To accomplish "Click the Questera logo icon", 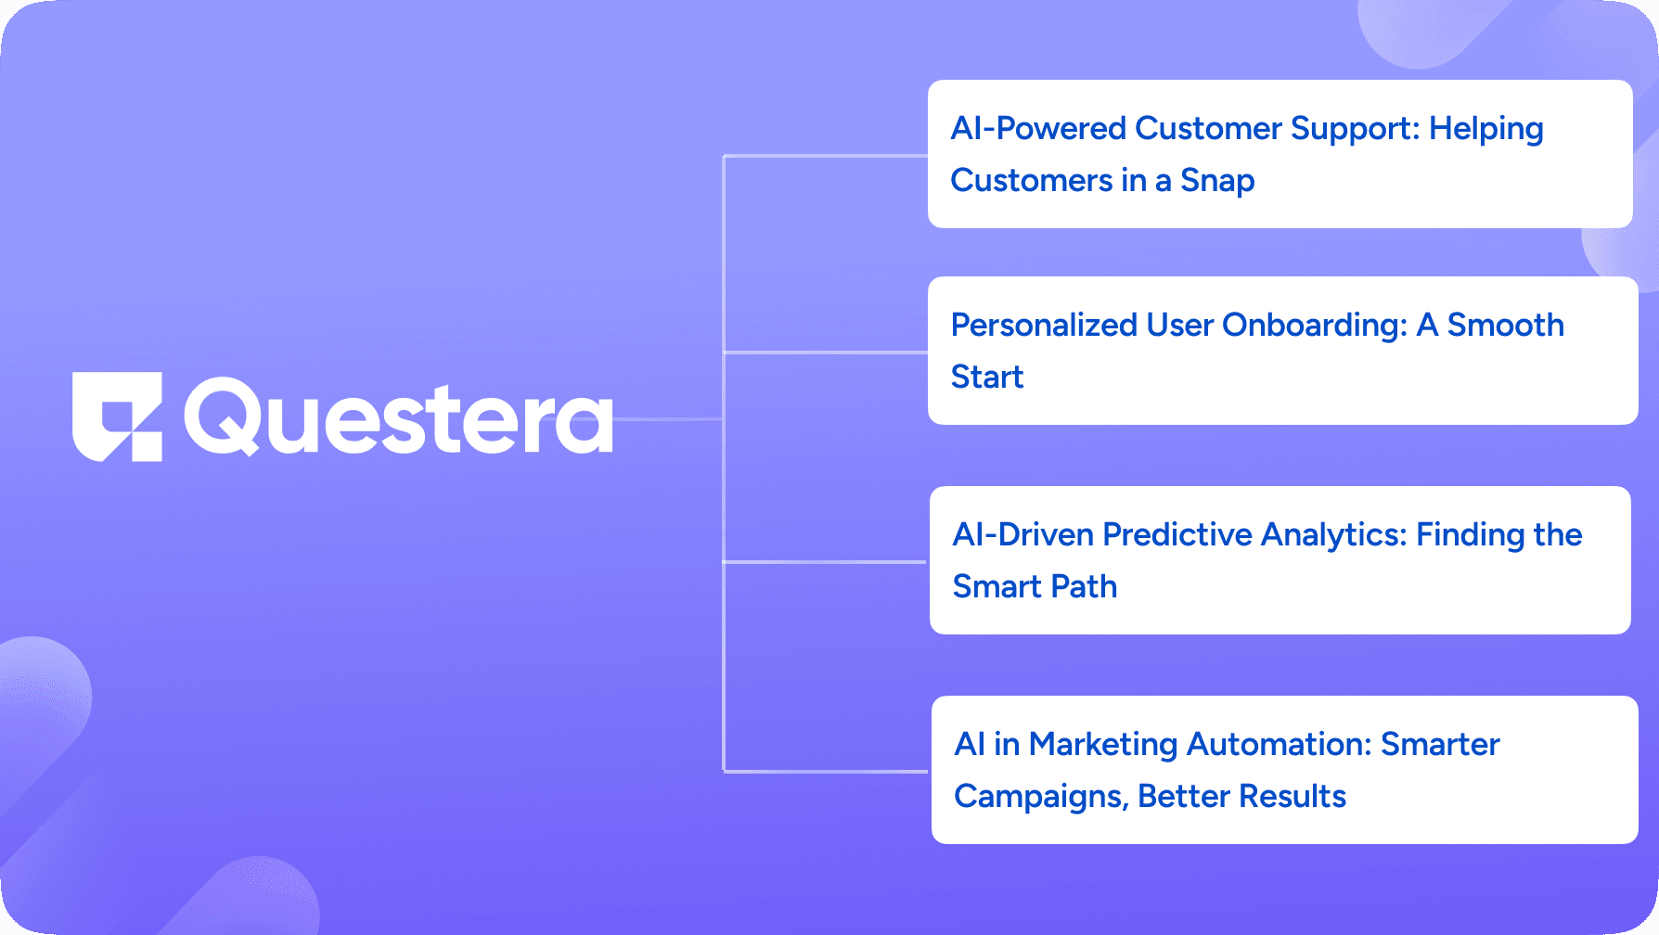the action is tap(118, 417).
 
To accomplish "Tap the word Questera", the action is tap(399, 417).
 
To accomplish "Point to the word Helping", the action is tap(1486, 130).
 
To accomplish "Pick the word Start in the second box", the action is tap(987, 378).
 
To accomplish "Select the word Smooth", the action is tap(1506, 326).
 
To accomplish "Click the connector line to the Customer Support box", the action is tap(826, 156).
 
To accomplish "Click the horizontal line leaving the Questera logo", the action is tap(668, 419).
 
